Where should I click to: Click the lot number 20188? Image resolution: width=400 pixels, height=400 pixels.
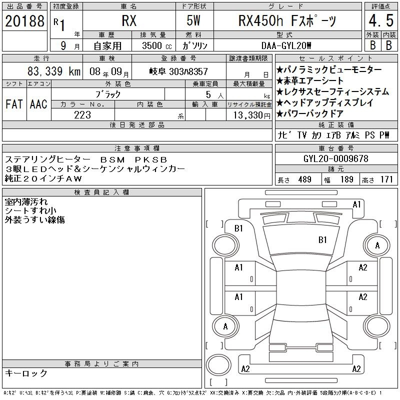24,21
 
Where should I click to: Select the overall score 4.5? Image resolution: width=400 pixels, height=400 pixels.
381,20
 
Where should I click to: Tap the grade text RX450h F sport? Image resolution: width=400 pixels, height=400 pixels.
287,20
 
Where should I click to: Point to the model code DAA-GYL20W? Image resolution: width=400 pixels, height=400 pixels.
286,45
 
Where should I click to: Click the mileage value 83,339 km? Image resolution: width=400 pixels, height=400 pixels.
54,71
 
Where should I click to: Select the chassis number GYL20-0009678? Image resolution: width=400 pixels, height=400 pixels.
335,158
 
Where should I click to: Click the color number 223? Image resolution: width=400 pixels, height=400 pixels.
82,115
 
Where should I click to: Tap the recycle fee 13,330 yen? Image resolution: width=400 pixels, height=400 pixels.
251,115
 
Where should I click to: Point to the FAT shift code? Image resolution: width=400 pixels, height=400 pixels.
14,104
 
